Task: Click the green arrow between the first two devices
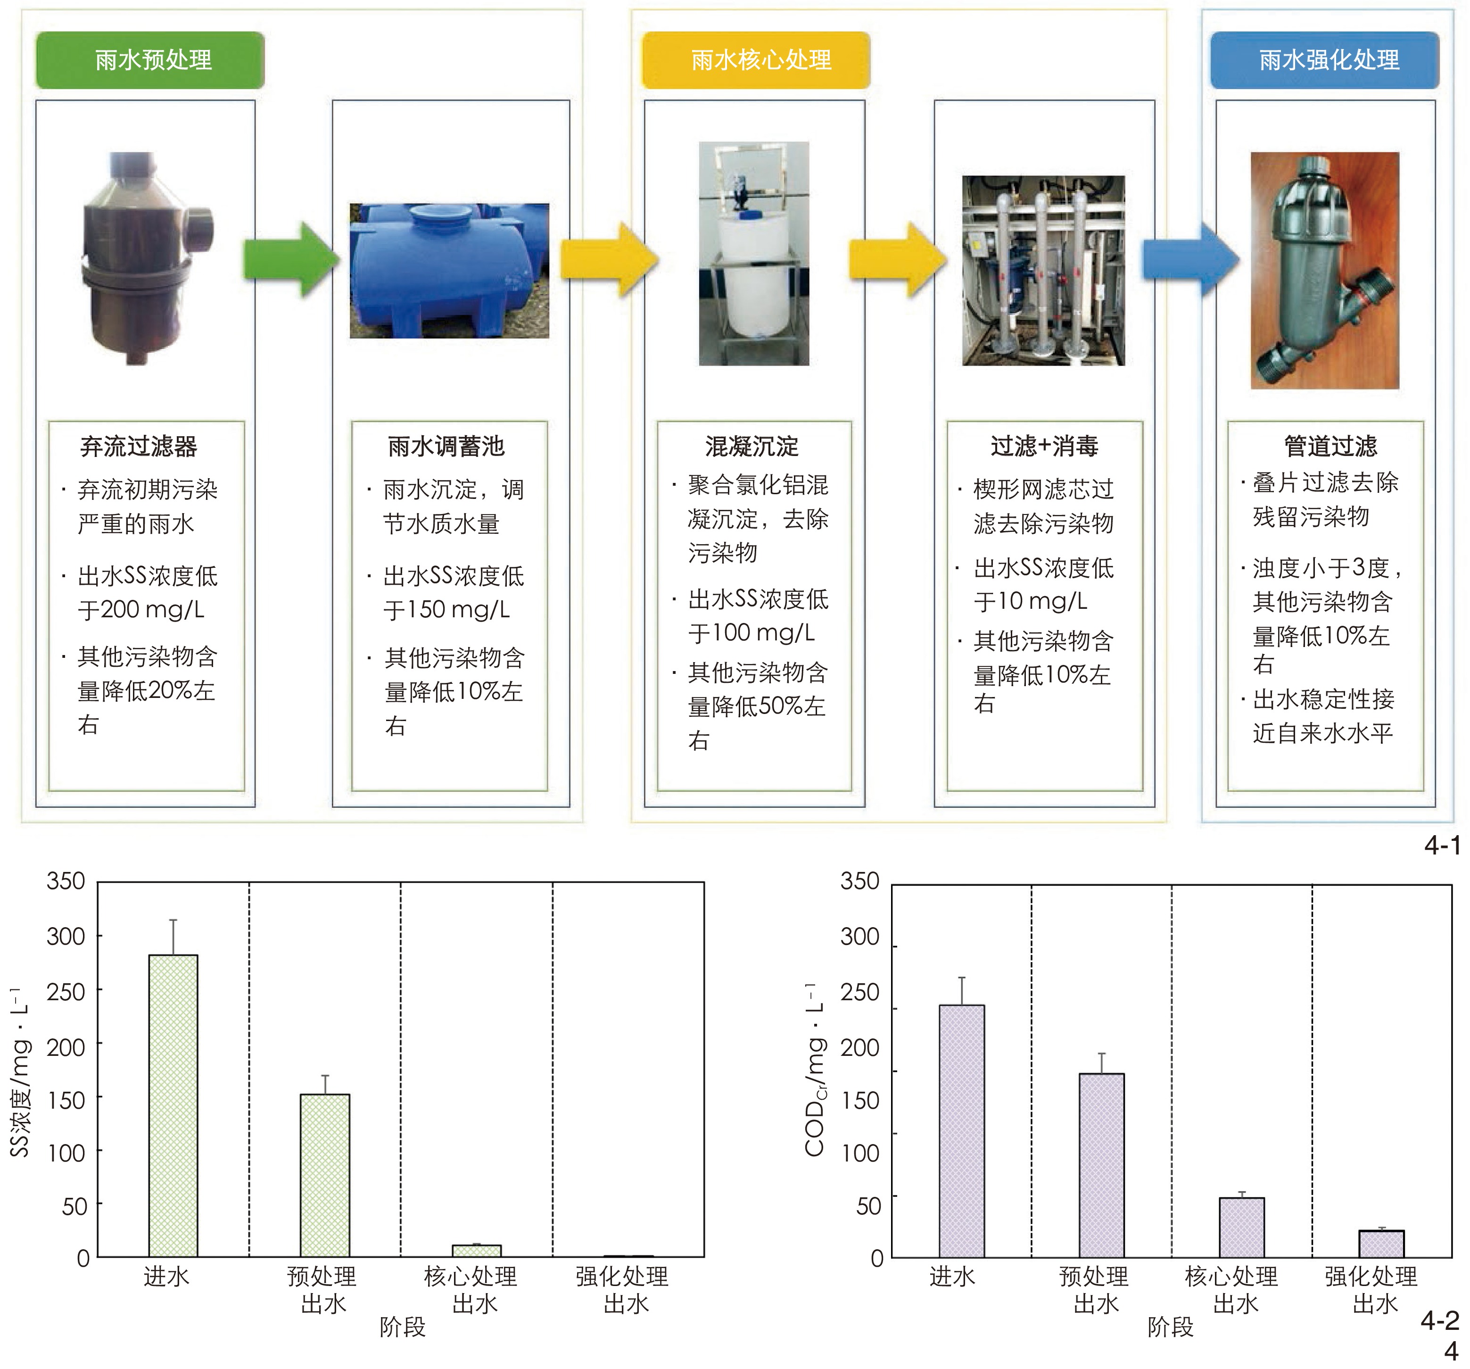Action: (290, 259)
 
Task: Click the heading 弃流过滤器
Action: (139, 447)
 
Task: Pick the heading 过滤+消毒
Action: (1044, 447)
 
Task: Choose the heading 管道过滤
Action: (1330, 447)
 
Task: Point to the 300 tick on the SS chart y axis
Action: (66, 937)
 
